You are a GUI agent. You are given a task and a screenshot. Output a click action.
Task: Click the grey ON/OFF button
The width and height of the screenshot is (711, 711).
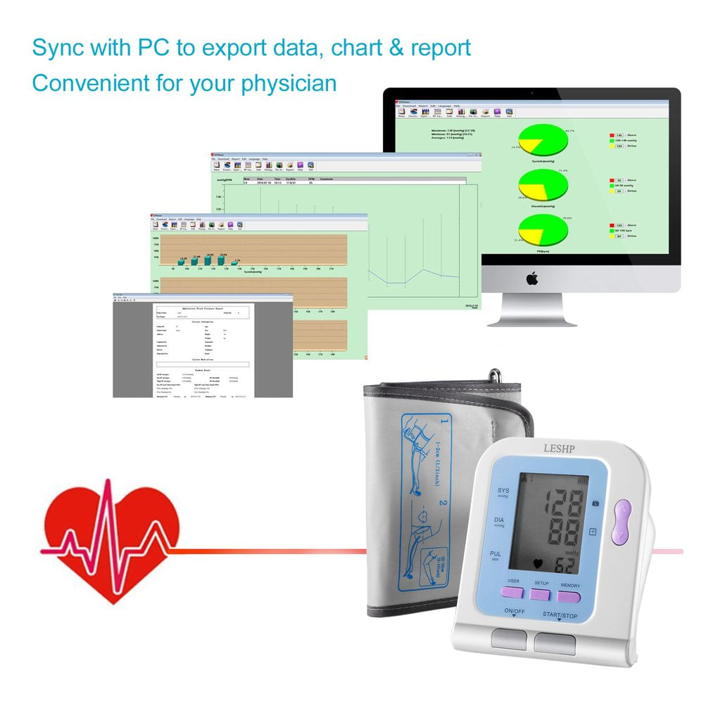pyautogui.click(x=509, y=638)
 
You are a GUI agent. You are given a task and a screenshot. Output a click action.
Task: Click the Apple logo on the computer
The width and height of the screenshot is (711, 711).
pyautogui.click(x=531, y=278)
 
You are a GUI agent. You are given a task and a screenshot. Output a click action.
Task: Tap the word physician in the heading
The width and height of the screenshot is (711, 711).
pyautogui.click(x=289, y=83)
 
